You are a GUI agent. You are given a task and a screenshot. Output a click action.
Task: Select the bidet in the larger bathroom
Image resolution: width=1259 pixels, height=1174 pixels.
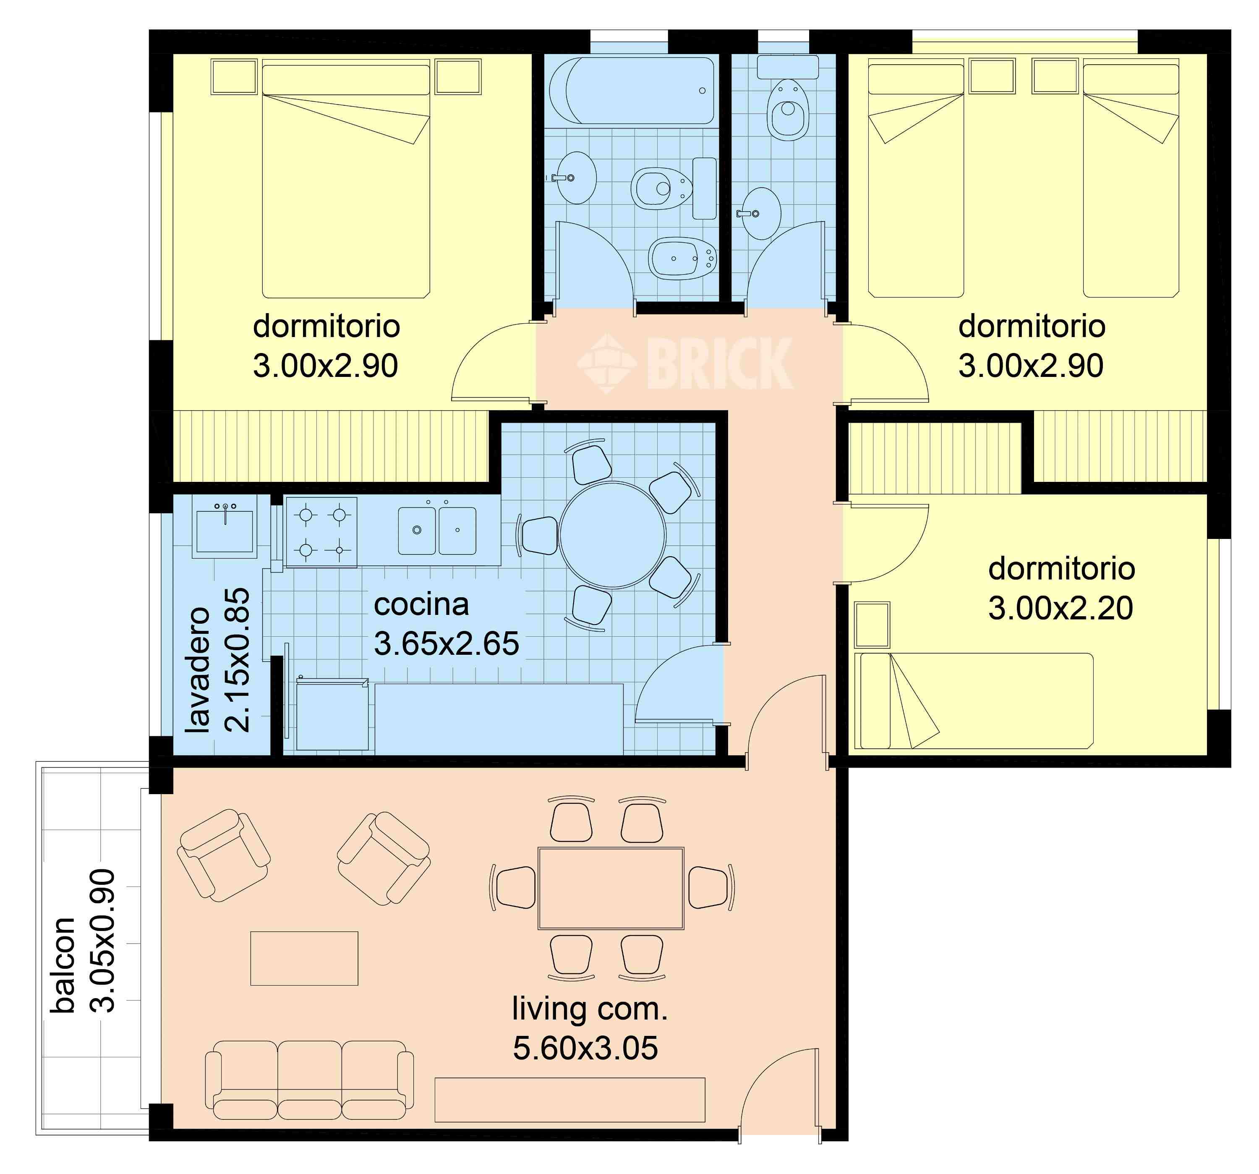[682, 259]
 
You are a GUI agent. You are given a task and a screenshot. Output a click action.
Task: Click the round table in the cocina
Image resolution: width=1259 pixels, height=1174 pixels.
[612, 535]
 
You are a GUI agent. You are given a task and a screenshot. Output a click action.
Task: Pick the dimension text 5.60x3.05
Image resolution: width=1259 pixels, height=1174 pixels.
[585, 1048]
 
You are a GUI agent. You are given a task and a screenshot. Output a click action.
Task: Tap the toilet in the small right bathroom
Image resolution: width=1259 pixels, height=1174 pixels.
[788, 109]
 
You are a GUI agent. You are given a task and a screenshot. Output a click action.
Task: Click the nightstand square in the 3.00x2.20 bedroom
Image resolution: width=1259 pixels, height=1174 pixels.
[872, 625]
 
